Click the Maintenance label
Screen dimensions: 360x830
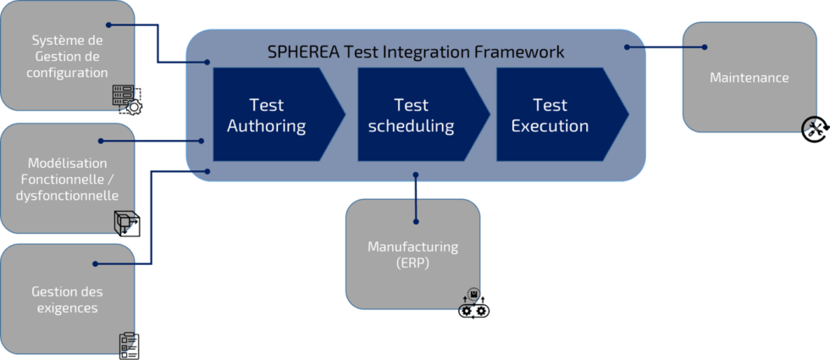coord(749,78)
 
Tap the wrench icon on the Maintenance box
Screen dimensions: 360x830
coord(814,129)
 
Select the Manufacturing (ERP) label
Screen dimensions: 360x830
coord(412,254)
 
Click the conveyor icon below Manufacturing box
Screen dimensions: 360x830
coord(473,305)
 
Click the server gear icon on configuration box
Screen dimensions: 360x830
coord(127,100)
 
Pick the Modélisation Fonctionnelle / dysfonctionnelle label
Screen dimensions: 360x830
coord(67,179)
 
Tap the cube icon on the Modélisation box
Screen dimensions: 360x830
coord(126,223)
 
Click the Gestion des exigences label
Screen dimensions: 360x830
coord(67,299)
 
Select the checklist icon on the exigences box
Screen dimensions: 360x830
coord(129,345)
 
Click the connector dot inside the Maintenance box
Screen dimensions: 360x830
coord(705,47)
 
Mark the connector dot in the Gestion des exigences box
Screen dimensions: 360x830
coord(96,264)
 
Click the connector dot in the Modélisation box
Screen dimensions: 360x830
coord(101,141)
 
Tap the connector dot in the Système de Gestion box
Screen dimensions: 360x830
coord(108,25)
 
